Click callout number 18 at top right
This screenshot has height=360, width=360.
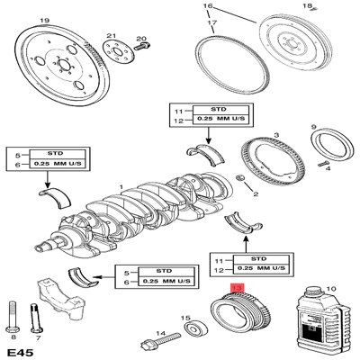pyautogui.click(x=332, y=6)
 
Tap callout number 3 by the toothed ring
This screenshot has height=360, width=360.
pyautogui.click(x=277, y=135)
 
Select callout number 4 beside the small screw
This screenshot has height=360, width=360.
pyautogui.click(x=328, y=166)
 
